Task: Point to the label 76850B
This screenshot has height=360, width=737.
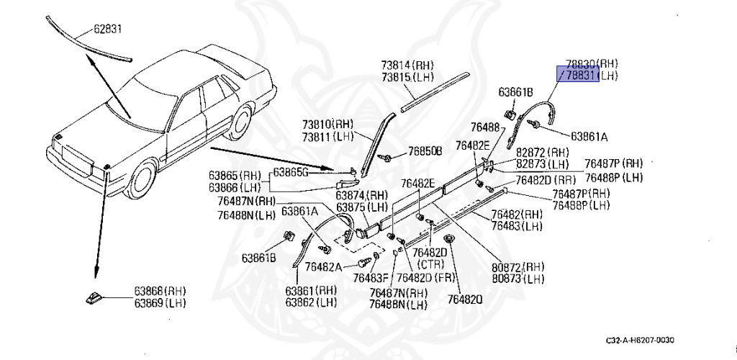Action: [x=425, y=151]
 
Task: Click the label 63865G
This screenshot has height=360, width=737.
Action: [x=294, y=173]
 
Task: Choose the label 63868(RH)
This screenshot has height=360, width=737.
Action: [x=159, y=291]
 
